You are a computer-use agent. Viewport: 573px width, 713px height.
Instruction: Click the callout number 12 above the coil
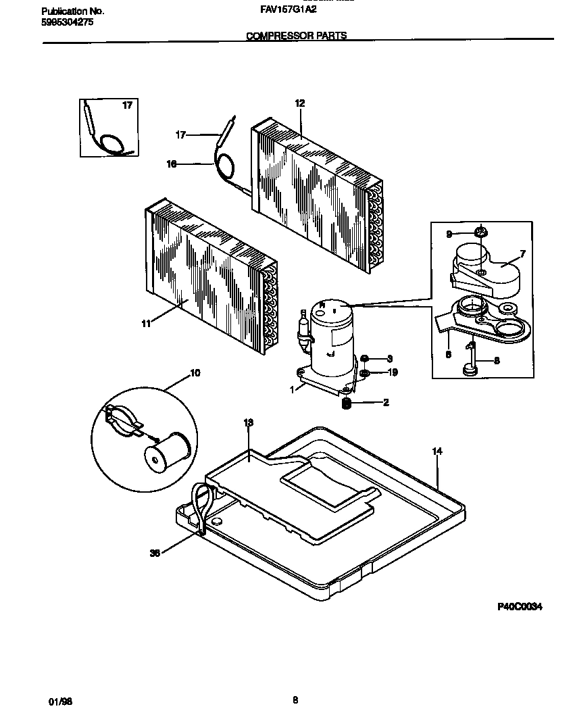(300, 103)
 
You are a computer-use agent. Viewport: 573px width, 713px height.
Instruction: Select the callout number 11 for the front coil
(146, 324)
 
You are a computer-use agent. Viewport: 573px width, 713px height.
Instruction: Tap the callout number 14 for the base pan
(437, 451)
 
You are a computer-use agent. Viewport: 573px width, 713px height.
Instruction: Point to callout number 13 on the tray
(248, 422)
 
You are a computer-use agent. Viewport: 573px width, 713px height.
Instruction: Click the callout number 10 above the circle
(195, 373)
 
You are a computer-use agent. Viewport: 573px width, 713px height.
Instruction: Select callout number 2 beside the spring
(386, 403)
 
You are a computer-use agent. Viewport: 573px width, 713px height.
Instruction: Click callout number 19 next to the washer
(393, 372)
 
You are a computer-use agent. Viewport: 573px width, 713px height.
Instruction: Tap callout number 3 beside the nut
(389, 359)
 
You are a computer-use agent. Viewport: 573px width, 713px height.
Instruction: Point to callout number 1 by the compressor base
(292, 389)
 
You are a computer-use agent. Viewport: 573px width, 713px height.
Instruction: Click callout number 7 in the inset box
(522, 254)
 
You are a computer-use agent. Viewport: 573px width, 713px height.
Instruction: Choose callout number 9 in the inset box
(449, 235)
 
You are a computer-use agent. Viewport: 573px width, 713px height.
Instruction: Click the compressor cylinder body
(332, 335)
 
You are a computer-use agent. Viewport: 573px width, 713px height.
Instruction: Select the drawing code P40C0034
(520, 607)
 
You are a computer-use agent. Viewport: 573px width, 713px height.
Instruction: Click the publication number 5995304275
(68, 22)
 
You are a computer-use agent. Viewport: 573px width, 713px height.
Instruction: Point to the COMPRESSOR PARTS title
(296, 36)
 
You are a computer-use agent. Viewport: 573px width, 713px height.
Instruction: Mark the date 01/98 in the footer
(60, 702)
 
